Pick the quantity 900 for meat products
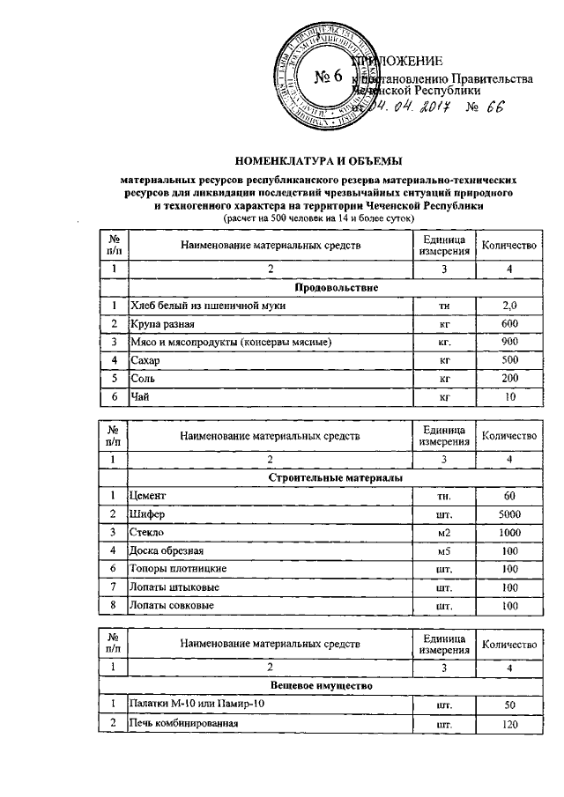coord(509,342)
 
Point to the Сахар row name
coord(146,360)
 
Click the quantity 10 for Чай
coord(509,397)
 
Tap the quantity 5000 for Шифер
coord(509,514)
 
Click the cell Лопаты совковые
coord(174,607)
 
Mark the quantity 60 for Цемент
coord(509,496)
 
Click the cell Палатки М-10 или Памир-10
coord(195,705)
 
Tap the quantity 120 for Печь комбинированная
coord(509,725)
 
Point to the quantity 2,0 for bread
coord(509,306)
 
